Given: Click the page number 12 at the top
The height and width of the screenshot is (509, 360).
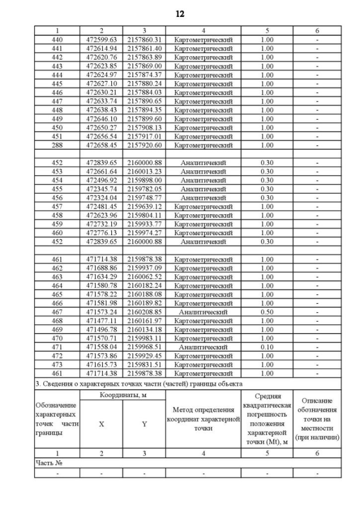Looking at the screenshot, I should click(x=180, y=13).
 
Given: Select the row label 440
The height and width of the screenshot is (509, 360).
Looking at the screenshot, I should click(x=57, y=39).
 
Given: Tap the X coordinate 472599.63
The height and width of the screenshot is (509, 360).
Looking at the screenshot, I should click(x=101, y=39).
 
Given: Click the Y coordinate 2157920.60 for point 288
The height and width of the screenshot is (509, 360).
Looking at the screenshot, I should click(x=145, y=145).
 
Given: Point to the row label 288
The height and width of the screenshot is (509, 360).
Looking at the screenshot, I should click(x=57, y=145).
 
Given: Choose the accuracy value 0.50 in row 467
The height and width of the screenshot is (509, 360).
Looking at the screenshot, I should click(x=267, y=312).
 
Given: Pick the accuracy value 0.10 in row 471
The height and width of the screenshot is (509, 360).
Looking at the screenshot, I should click(x=267, y=347).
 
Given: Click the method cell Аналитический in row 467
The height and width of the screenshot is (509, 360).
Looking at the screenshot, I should click(x=203, y=312).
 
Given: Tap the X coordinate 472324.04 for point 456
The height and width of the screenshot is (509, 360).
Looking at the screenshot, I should click(x=101, y=197).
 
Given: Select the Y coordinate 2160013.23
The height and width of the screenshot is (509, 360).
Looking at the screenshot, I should click(x=145, y=171).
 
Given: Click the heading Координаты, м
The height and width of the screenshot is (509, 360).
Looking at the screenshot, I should click(x=123, y=396).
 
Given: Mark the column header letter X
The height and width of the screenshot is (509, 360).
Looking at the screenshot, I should click(x=101, y=424).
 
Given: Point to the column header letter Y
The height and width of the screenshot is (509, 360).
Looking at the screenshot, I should click(x=145, y=424).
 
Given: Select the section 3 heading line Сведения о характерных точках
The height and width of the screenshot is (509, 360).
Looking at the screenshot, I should click(x=138, y=383).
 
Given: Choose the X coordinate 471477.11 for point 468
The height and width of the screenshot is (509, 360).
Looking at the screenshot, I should click(x=101, y=321).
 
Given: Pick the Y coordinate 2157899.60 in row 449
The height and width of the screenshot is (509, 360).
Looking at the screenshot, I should click(x=145, y=119).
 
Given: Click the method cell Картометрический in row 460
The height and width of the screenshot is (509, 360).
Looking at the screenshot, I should click(x=203, y=233).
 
